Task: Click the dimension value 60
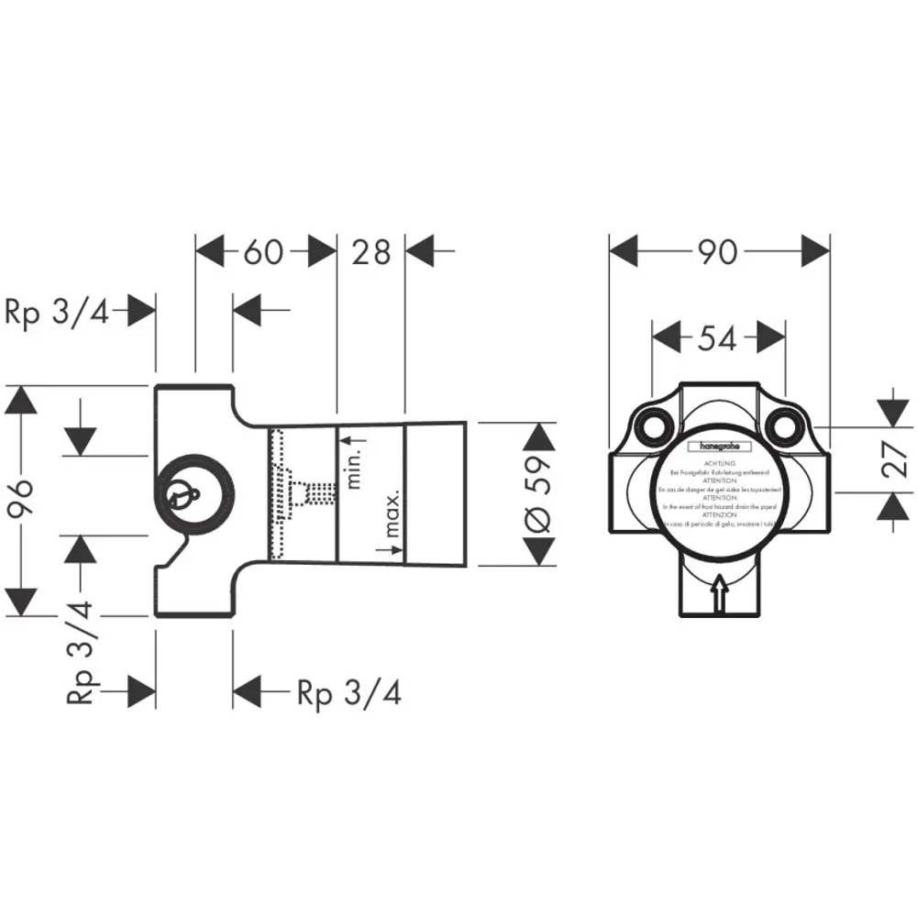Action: [264, 251]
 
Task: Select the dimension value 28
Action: [371, 251]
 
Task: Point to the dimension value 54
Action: [717, 338]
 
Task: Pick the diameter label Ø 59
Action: [539, 495]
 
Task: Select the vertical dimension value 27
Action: [896, 458]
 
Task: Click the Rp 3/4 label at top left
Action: [57, 313]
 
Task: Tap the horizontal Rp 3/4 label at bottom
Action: [349, 693]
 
